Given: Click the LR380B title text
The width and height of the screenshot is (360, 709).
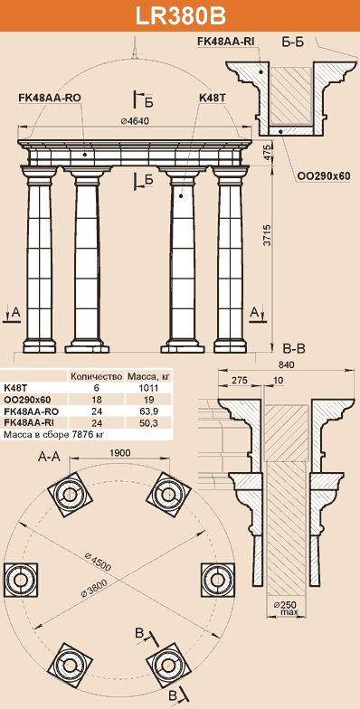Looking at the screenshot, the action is pos(181,16).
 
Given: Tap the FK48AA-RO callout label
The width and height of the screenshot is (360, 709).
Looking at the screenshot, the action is pos(50,98).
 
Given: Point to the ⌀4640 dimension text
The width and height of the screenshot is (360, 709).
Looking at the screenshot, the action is pos(134,120).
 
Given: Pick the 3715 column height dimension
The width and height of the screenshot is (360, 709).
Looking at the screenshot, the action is pos(268,235).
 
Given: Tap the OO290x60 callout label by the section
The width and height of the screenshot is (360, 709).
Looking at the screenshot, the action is pos(324,176).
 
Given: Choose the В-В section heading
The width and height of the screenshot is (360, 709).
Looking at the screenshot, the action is pos(295,348).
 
